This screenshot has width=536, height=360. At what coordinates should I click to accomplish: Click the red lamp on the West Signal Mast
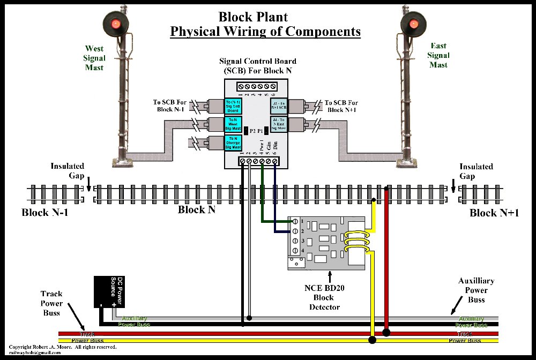pyautogui.click(x=115, y=25)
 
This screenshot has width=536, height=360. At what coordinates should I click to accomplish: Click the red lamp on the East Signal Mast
pyautogui.click(x=414, y=24)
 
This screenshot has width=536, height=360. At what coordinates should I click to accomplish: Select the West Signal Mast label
pyautogui.click(x=94, y=58)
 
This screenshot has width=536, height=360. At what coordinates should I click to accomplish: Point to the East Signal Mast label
pyautogui.click(x=438, y=55)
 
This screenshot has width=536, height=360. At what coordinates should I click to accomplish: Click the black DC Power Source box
pyautogui.click(x=109, y=292)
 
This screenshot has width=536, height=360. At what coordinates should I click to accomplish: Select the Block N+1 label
pyautogui.click(x=494, y=213)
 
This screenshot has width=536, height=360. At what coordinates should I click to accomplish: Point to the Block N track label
pyautogui.click(x=196, y=209)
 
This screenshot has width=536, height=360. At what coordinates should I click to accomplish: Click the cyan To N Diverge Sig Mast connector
pyautogui.click(x=233, y=143)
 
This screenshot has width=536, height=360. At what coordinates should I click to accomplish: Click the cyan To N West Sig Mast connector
pyautogui.click(x=233, y=124)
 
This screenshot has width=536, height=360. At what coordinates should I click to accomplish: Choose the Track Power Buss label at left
pyautogui.click(x=51, y=303)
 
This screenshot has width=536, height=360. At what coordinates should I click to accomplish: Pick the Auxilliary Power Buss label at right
pyautogui.click(x=476, y=290)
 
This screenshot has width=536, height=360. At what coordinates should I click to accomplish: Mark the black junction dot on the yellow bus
pyautogui.click(x=372, y=340)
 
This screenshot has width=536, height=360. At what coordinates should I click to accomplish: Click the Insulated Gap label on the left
pyautogui.click(x=68, y=171)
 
